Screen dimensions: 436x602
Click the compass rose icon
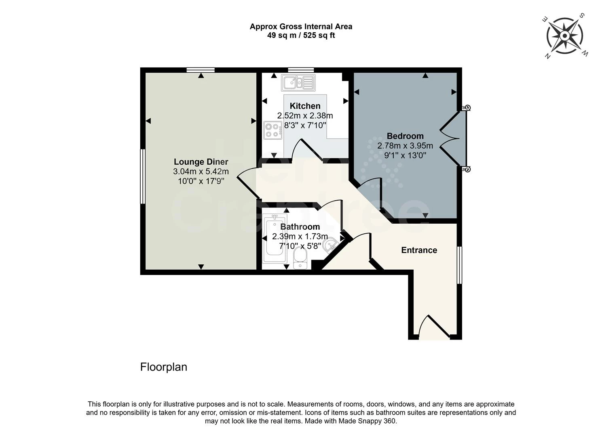click(x=565, y=36)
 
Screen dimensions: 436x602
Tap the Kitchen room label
click(x=305, y=106)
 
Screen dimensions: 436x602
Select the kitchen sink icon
click(x=298, y=83)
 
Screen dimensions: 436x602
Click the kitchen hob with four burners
click(x=273, y=130)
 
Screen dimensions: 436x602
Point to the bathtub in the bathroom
click(x=275, y=239)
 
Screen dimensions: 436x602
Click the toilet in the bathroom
click(x=300, y=258)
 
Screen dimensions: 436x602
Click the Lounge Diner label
click(x=201, y=162)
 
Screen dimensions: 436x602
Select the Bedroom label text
click(x=405, y=136)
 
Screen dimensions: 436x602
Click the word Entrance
click(x=419, y=250)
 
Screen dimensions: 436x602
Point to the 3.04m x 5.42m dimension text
click(x=201, y=172)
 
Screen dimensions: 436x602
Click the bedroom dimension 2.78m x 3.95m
click(x=405, y=146)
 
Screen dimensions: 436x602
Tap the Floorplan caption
click(x=164, y=367)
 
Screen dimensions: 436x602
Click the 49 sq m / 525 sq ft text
click(x=301, y=36)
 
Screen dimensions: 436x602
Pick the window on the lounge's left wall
click(x=142, y=176)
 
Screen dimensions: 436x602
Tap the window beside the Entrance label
click(x=459, y=265)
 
